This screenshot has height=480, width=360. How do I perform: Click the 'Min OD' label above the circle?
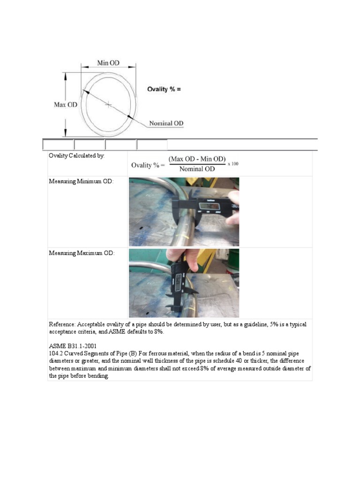(108, 63)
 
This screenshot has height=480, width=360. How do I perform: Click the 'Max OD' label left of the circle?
(66, 105)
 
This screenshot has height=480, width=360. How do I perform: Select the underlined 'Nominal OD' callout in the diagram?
(166, 124)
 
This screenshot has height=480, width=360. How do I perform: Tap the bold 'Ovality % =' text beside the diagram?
(164, 89)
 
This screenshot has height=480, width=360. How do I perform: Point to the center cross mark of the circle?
(108, 105)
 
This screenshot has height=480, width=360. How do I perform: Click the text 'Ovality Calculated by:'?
(77, 156)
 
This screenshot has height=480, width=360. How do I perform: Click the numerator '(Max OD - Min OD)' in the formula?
(197, 159)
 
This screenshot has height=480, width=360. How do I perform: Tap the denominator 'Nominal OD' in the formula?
(197, 169)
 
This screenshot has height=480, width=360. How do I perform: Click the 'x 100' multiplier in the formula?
(233, 164)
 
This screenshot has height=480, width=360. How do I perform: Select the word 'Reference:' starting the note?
(62, 324)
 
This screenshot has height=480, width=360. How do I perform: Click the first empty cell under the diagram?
(58, 145)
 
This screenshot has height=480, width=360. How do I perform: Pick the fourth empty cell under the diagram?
(152, 145)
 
